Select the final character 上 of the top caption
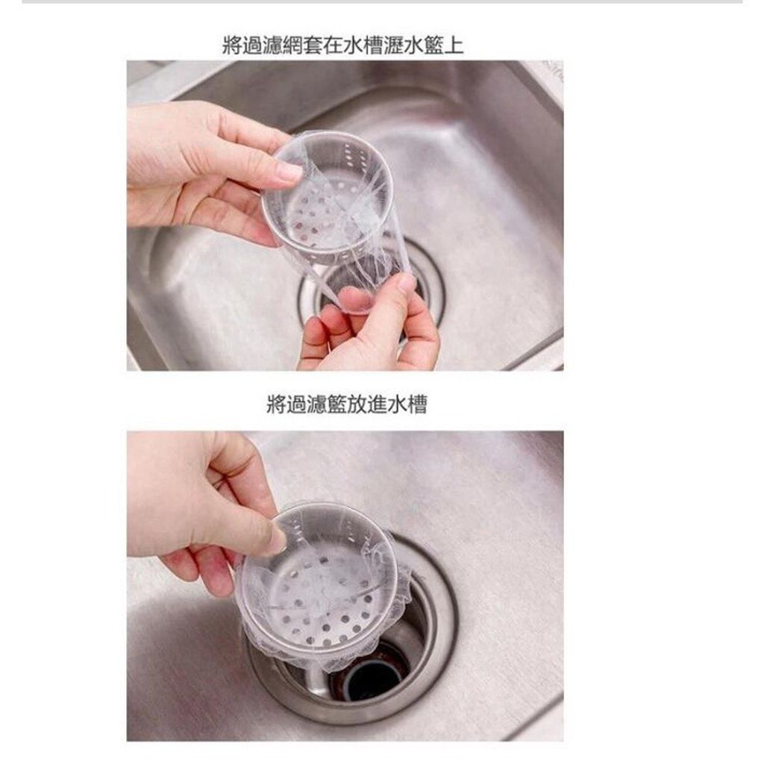pos(454,46)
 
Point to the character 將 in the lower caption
pos(276,404)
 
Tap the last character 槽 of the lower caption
pos(417,404)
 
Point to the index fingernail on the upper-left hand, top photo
pos(289,172)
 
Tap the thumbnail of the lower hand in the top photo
pos(405,284)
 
